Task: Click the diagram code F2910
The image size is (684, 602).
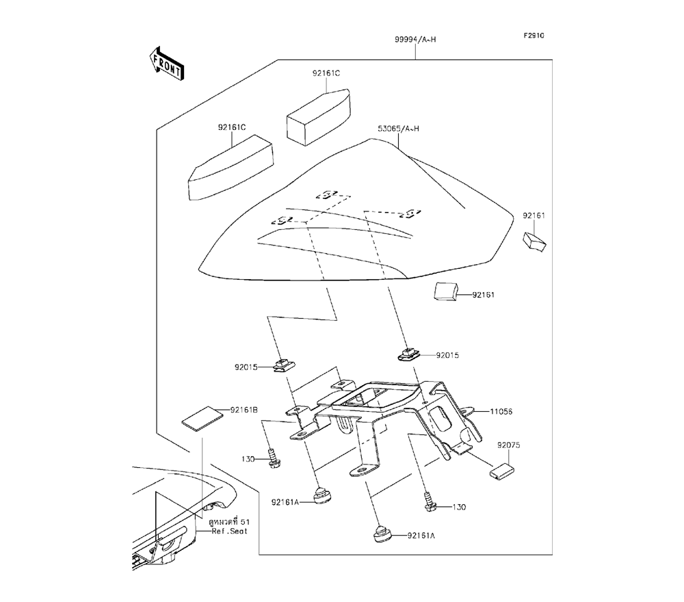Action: (534, 36)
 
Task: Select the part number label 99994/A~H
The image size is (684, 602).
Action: (415, 40)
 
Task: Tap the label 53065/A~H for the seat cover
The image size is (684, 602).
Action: (398, 129)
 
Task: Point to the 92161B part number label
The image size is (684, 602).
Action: (244, 410)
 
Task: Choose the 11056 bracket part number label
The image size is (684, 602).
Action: (501, 412)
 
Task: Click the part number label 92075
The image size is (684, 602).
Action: (509, 445)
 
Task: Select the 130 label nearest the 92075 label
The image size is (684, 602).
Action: (458, 508)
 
